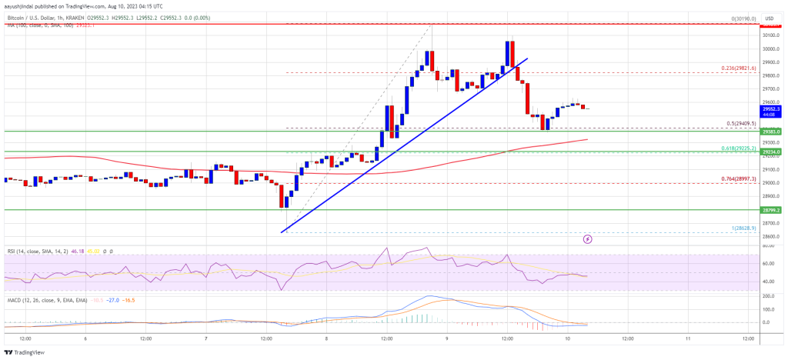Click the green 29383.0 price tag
point(772,132)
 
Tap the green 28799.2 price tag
point(772,209)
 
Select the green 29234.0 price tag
point(772,152)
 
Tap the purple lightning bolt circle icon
point(588,239)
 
